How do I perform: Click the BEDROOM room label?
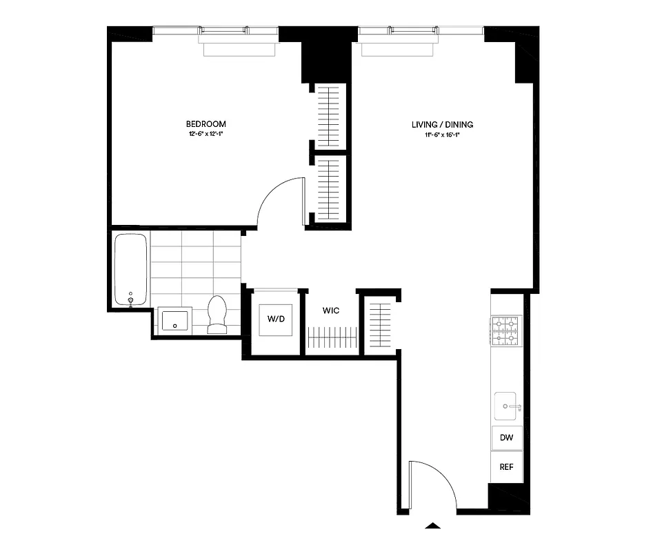pos(205,124)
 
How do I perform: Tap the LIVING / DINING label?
pos(442,125)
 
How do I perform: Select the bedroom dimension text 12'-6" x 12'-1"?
pos(205,134)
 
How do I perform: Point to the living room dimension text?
pos(442,135)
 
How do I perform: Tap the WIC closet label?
pos(331,311)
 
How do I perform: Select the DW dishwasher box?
pos(506,437)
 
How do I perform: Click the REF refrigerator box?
pos(506,466)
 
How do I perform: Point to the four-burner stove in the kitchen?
pos(506,330)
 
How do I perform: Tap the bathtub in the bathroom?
pos(130,270)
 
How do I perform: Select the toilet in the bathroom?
pos(218,315)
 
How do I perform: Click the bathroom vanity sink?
pos(175,320)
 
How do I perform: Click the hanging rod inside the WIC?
pos(332,338)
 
